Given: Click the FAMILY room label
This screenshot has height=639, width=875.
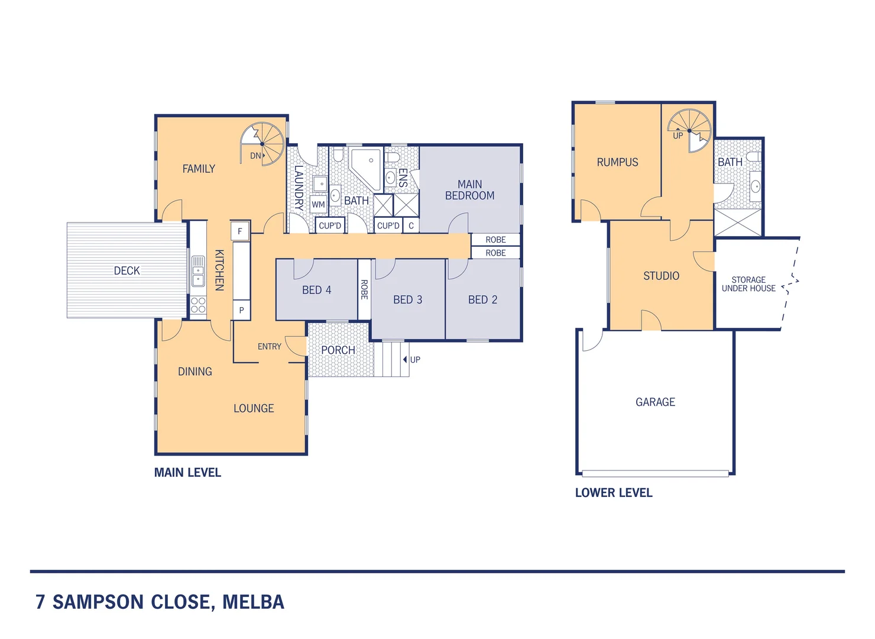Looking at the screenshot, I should pyautogui.click(x=199, y=169).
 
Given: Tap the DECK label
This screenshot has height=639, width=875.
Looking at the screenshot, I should pyautogui.click(x=127, y=271).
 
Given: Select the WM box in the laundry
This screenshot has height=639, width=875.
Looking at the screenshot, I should pyautogui.click(x=318, y=205).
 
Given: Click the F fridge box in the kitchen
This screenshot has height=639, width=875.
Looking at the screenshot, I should pyautogui.click(x=239, y=231).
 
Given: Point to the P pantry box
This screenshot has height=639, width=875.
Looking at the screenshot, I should pyautogui.click(x=241, y=310).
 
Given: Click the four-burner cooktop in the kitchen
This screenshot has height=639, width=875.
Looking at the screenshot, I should pyautogui.click(x=198, y=305).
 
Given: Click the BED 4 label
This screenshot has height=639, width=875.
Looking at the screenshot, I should pyautogui.click(x=316, y=290).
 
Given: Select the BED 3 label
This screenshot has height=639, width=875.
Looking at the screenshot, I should pyautogui.click(x=407, y=300).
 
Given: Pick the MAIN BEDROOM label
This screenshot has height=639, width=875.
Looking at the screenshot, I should pyautogui.click(x=469, y=190).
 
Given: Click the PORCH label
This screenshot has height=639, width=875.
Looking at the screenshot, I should pyautogui.click(x=338, y=350).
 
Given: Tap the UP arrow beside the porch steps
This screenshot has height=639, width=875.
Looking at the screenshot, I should pyautogui.click(x=405, y=360).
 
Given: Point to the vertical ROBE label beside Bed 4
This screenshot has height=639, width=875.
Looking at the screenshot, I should pyautogui.click(x=364, y=289).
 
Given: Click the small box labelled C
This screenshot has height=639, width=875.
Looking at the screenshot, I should pyautogui.click(x=411, y=225).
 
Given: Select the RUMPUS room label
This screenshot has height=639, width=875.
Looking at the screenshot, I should pyautogui.click(x=617, y=162).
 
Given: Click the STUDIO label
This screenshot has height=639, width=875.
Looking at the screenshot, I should pyautogui.click(x=661, y=276).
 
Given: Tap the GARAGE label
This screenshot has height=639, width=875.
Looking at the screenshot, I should pyautogui.click(x=655, y=402).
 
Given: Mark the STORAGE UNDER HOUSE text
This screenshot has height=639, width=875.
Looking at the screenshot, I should pyautogui.click(x=748, y=284).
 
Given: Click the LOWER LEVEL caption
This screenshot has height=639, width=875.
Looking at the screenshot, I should pyautogui.click(x=614, y=493).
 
